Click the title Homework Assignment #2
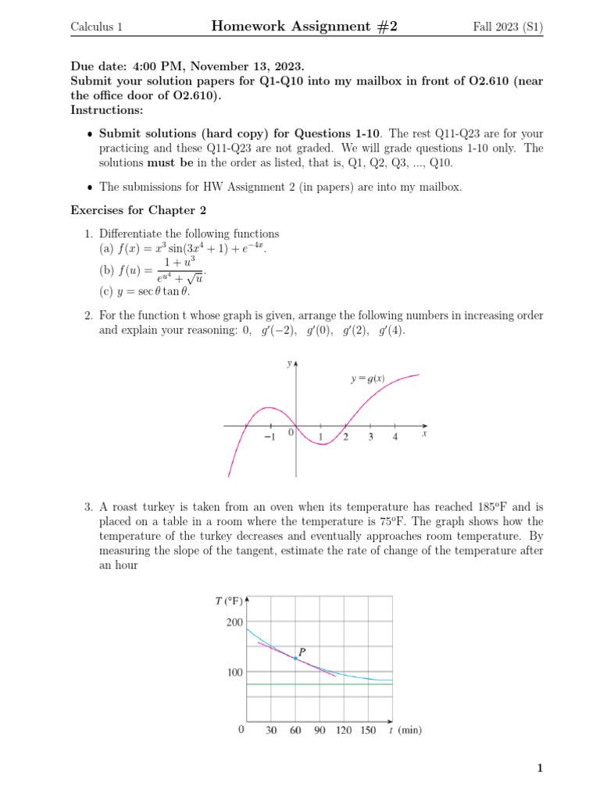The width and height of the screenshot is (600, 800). pyautogui.click(x=304, y=27)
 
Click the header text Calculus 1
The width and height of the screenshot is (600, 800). pyautogui.click(x=96, y=27)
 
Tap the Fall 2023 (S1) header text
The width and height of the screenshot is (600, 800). pyautogui.click(x=508, y=27)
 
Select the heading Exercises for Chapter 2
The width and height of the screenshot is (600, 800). pyautogui.click(x=138, y=209)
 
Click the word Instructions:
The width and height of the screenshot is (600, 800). pyautogui.click(x=102, y=110)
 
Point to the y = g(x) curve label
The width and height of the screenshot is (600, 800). pyautogui.click(x=367, y=379)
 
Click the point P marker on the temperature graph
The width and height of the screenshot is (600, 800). pyautogui.click(x=295, y=659)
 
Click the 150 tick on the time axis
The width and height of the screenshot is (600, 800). pyautogui.click(x=367, y=730)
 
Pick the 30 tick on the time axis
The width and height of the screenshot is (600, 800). pyautogui.click(x=271, y=730)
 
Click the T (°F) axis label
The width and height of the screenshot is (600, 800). pyautogui.click(x=229, y=601)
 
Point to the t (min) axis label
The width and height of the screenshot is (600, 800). pyautogui.click(x=405, y=730)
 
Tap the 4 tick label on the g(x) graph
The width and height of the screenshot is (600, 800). pyautogui.click(x=395, y=437)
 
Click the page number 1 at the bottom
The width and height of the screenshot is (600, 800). pyautogui.click(x=539, y=769)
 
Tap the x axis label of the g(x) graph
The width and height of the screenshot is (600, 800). pyautogui.click(x=424, y=433)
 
